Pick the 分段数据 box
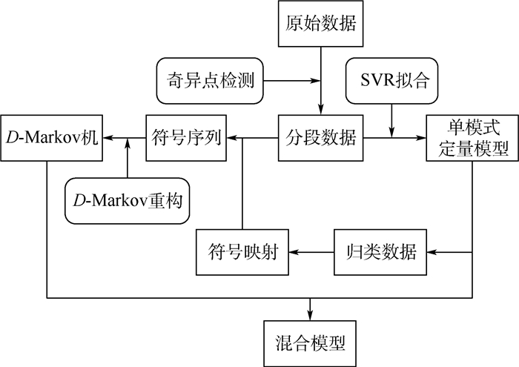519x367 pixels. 321,137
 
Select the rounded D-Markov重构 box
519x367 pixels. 128,199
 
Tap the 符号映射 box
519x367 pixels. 242,252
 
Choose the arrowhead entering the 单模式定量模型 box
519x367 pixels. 422,137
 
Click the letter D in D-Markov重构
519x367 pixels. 81,200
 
